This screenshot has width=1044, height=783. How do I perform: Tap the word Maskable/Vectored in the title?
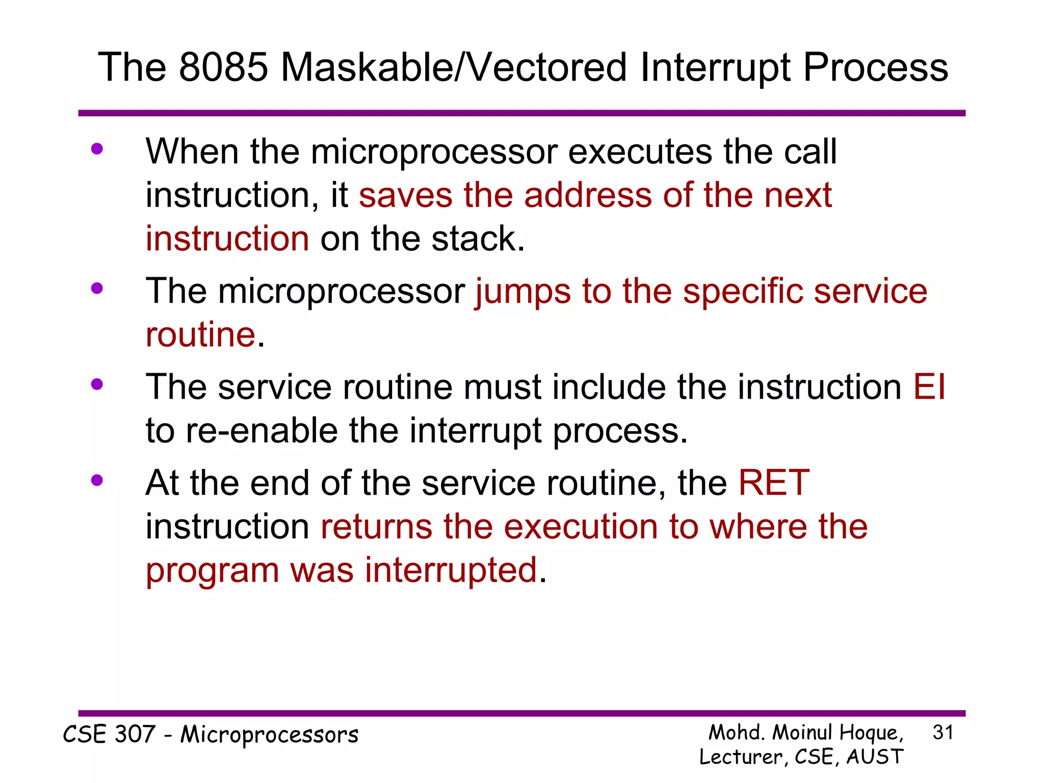click(x=454, y=68)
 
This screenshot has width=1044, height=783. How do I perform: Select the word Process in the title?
click(x=875, y=68)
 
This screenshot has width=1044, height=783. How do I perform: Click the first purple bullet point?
click(x=97, y=149)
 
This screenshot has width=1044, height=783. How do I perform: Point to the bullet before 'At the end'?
click(x=97, y=480)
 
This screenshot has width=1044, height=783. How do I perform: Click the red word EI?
click(x=929, y=387)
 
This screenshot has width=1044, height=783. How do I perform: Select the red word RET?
click(x=774, y=483)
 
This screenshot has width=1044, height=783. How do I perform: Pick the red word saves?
click(x=405, y=195)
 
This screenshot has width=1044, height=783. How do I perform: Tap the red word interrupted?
click(x=451, y=570)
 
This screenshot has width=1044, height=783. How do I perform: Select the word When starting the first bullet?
click(x=192, y=151)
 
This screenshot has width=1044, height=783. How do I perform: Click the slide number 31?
click(x=943, y=733)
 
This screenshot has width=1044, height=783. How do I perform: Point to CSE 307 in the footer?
click(x=109, y=735)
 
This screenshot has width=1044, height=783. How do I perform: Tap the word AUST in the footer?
click(x=875, y=757)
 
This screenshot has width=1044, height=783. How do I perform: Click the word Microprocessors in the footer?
click(x=269, y=735)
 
